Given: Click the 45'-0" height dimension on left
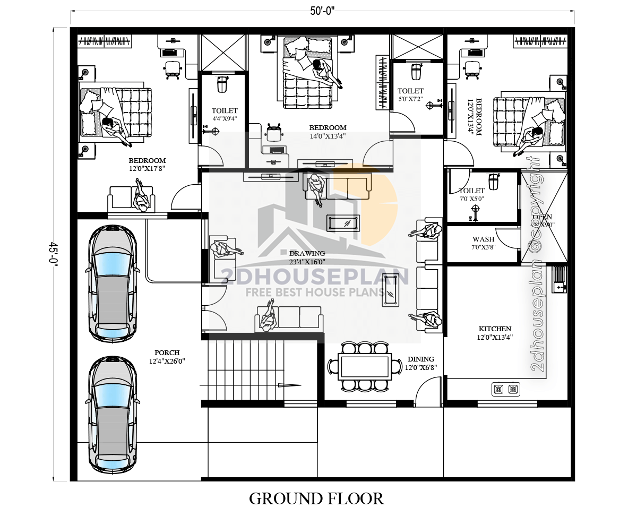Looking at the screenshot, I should pos(53,255).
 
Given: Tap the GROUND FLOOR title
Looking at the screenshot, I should pos(316,498).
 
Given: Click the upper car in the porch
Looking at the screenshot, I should pos(112,282).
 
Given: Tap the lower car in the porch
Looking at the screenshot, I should pos(112,414).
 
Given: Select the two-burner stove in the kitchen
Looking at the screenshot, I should pos(505,389).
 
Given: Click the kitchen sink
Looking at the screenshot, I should pos(559,280).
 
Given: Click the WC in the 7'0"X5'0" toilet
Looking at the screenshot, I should pos(494,182).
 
